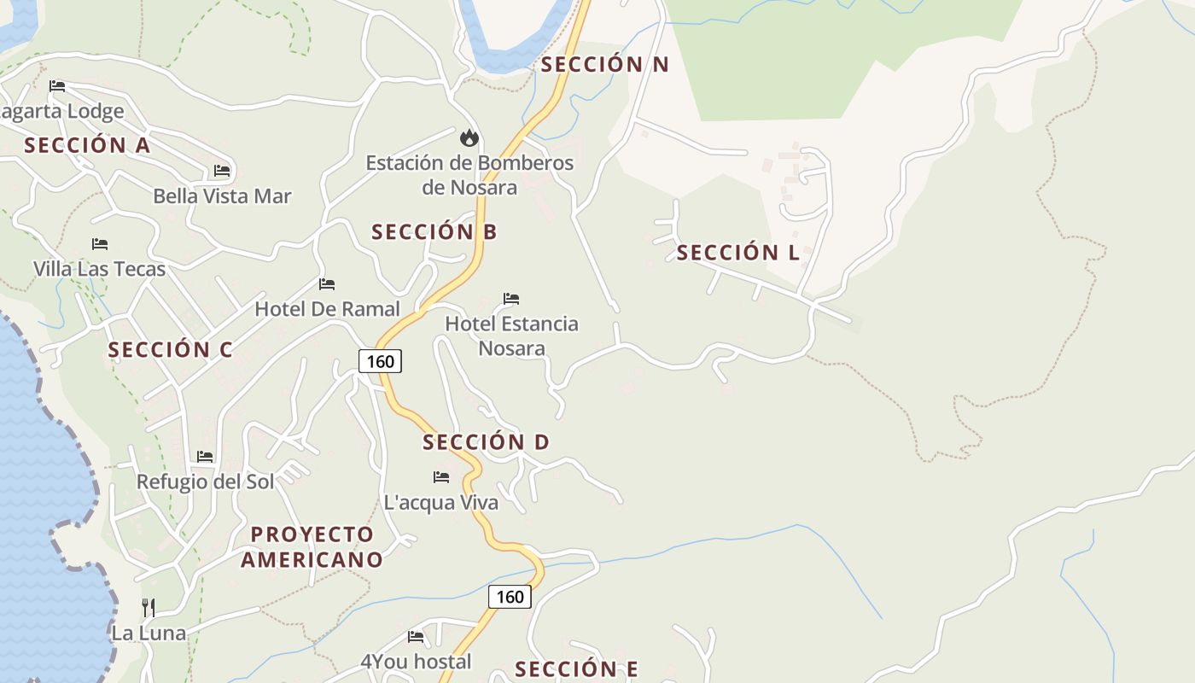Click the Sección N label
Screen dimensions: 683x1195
click(x=604, y=64)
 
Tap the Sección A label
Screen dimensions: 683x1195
click(x=87, y=145)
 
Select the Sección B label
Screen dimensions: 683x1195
click(x=434, y=231)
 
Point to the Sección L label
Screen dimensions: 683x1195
click(x=737, y=252)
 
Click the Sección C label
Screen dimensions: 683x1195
click(x=170, y=349)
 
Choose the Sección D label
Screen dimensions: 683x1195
click(x=486, y=441)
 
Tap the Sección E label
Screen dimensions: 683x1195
click(x=576, y=668)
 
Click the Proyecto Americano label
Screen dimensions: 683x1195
click(x=312, y=546)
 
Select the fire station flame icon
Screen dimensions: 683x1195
click(x=469, y=137)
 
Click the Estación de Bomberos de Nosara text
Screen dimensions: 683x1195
click(x=469, y=174)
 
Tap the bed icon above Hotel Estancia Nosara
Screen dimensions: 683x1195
click(x=511, y=299)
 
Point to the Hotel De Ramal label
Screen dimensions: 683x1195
click(x=327, y=309)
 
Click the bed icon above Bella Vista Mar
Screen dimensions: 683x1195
click(x=222, y=171)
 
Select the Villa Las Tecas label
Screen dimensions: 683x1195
click(x=99, y=269)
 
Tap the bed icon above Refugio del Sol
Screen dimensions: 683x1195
click(x=205, y=457)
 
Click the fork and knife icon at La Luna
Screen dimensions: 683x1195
click(x=149, y=607)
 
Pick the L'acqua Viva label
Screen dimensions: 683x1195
click(x=440, y=502)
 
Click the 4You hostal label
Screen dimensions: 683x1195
click(x=416, y=661)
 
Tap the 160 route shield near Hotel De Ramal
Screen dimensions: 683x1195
click(x=380, y=361)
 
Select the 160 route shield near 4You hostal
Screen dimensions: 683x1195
click(x=510, y=596)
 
